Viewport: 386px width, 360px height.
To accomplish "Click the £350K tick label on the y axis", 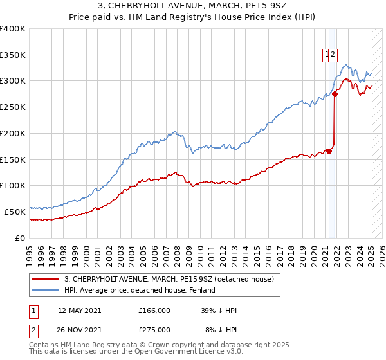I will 13,55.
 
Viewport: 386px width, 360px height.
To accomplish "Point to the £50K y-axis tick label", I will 15,212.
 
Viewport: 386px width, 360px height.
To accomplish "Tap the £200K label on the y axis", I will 13,133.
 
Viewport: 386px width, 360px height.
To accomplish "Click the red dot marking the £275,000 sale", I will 335,94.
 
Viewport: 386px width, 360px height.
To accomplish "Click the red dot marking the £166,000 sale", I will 329,151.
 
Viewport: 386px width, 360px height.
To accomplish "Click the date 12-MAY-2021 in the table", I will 80,310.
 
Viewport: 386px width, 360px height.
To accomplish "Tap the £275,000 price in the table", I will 154,329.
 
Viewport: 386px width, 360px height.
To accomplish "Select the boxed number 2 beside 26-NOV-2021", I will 33,329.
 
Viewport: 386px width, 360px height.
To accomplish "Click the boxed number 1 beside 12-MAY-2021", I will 33,310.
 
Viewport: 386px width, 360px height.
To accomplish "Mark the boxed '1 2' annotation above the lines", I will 330,55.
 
